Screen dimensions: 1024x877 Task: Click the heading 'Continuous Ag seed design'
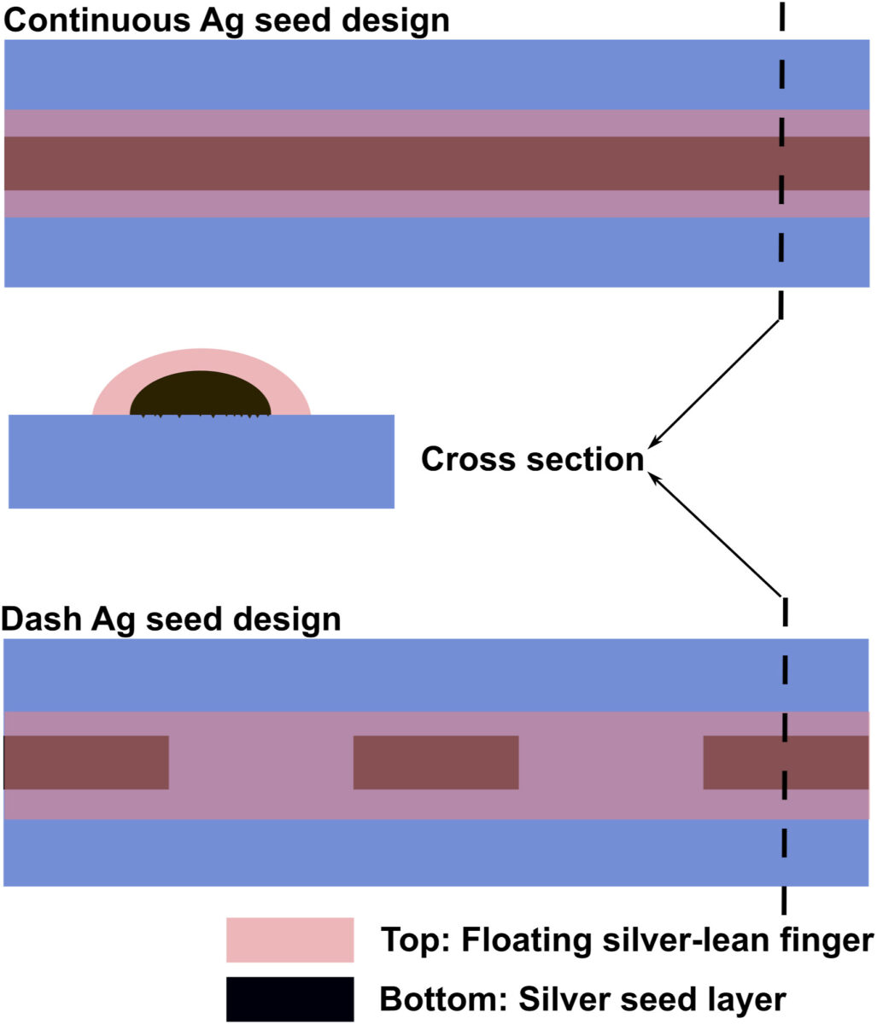click(226, 20)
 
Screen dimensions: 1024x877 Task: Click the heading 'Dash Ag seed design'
click(171, 619)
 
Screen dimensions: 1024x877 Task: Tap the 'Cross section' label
click(532, 460)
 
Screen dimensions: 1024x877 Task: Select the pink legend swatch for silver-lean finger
click(289, 940)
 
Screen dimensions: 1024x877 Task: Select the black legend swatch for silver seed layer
click(289, 998)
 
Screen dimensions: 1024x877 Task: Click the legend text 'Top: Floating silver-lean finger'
click(626, 940)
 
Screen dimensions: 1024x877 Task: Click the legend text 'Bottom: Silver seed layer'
click(582, 998)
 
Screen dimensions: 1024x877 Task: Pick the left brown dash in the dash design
click(86, 762)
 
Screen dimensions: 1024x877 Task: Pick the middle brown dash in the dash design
click(436, 762)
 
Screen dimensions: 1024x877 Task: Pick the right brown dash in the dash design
click(743, 762)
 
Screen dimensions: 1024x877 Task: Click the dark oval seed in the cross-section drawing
click(201, 395)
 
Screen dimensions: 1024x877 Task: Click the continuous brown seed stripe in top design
click(384, 163)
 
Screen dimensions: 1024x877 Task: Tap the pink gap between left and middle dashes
click(260, 762)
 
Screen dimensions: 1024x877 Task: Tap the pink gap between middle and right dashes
click(611, 762)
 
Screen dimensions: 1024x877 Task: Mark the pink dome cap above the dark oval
click(201, 359)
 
